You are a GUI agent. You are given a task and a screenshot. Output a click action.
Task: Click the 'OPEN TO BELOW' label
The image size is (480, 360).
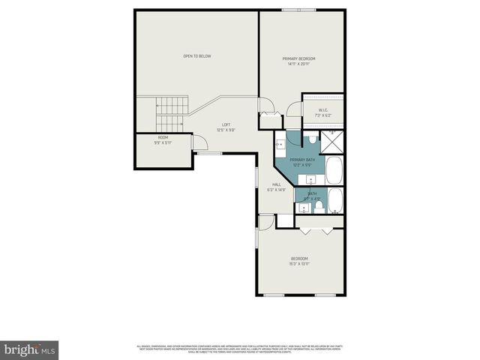coord(197,56)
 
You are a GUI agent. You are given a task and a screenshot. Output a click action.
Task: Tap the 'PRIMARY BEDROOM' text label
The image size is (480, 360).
coord(298,58)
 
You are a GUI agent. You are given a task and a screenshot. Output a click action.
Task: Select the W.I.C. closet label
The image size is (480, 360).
coord(323,110)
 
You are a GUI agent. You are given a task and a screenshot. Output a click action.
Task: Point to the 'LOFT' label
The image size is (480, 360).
coord(226,124)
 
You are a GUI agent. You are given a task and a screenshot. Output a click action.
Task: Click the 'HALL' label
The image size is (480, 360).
coord(277,184)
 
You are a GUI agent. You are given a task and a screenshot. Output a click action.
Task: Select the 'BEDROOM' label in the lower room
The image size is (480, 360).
coord(299,259)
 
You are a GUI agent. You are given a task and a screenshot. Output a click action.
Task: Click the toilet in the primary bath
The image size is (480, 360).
coord(313,139)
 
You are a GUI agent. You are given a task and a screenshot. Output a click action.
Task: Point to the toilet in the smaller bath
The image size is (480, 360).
coord(319,205)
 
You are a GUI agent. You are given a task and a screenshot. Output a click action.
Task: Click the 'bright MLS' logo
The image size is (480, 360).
coord(30,349)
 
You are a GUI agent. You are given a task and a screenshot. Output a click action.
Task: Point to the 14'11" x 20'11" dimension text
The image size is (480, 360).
coord(298,64)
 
